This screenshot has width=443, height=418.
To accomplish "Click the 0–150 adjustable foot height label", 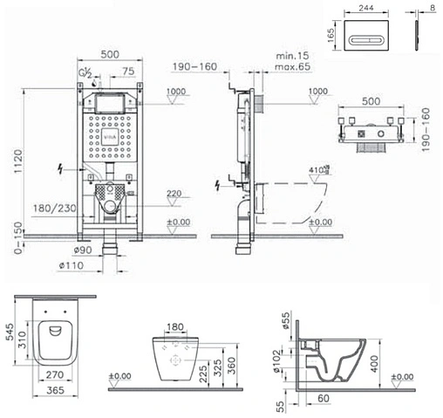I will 10,235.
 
